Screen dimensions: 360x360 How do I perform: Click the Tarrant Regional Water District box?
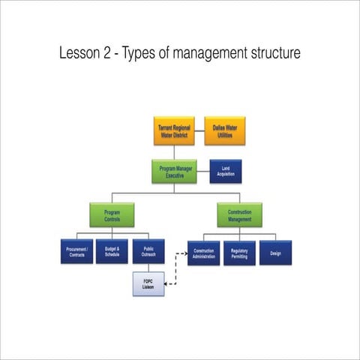coord(174,132)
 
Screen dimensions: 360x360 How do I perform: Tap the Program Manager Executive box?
coord(174,172)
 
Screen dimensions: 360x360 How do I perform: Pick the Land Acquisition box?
coord(226,172)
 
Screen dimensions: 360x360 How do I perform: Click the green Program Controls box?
coord(112,214)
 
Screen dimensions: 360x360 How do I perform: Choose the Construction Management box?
coord(239,214)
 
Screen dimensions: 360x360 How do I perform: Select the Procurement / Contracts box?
coord(77,252)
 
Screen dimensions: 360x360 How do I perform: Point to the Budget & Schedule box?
coord(112,252)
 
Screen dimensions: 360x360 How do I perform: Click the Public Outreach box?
coord(148,252)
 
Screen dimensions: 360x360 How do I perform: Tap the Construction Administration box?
coord(204,253)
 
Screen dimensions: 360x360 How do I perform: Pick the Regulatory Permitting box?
coord(239,253)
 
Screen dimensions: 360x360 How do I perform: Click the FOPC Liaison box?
coord(148,283)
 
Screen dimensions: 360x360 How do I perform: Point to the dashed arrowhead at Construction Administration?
coord(184,254)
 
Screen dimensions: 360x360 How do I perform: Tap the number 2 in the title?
coord(114,54)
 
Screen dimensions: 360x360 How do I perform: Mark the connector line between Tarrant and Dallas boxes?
coord(199,132)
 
